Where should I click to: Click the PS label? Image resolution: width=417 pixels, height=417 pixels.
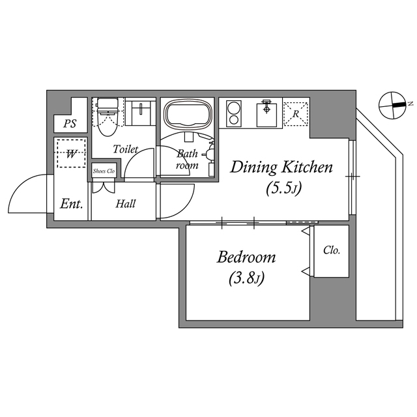coord(68,124)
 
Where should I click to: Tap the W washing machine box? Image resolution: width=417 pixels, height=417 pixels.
coord(70,154)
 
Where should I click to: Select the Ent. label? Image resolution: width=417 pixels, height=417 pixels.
coord(72,204)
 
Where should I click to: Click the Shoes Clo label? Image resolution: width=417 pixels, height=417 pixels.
coord(104,171)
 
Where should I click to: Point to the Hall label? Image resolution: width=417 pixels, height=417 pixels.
coord(126,204)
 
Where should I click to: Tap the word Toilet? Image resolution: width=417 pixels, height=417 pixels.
coord(125,149)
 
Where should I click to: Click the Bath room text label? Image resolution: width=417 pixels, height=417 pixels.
coord(188,160)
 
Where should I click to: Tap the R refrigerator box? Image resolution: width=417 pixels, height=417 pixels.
coord(296,113)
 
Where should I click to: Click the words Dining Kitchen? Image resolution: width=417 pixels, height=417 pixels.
coord(281,168)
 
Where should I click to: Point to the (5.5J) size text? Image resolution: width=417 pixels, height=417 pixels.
coord(282,189)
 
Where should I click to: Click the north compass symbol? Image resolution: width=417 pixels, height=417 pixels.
coord(395,104)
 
